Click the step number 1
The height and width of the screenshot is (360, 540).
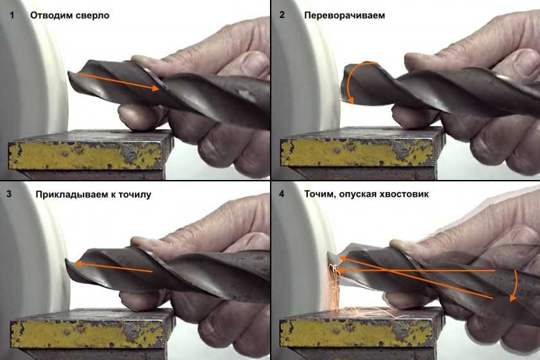coord(12,15)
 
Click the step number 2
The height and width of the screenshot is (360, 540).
coord(282,15)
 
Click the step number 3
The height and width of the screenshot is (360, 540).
coord(9,194)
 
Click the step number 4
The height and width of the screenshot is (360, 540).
coord(282,194)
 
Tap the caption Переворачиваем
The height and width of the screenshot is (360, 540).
coord(345,15)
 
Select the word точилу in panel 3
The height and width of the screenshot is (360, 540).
coord(134,195)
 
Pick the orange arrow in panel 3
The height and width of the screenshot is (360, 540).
coord(114,267)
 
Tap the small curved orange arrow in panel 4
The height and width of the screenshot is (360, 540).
coord(514,286)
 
